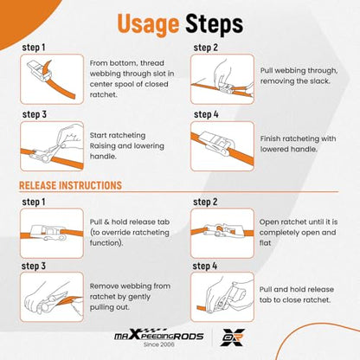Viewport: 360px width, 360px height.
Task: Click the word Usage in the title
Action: pos(148,23)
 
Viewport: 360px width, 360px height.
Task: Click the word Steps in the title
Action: pos(215,23)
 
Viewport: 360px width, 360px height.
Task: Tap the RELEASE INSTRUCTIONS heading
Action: pos(70,185)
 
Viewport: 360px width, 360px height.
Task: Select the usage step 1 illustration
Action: pos(52,79)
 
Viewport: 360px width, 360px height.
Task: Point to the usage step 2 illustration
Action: pos(222,79)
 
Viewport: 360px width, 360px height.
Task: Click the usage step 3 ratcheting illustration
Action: pos(52,146)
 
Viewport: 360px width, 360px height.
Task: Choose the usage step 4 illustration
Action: pos(222,146)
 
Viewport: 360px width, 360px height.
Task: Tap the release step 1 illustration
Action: pos(52,233)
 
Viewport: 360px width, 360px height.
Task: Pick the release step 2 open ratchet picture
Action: pos(222,233)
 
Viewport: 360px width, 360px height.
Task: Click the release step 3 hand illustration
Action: pos(52,297)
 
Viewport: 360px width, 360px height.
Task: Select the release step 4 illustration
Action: pos(222,297)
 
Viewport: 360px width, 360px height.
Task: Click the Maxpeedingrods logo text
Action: pos(159,335)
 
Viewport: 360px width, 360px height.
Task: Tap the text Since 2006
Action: pos(159,344)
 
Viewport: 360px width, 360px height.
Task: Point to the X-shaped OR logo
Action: pos(232,337)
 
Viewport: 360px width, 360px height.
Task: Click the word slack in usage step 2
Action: pos(319,81)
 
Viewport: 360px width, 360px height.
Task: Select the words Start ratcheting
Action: pos(118,136)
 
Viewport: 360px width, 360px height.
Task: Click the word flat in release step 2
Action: pos(265,243)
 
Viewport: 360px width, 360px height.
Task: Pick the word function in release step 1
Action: pos(106,243)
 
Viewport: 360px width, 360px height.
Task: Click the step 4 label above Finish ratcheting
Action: pos(206,114)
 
